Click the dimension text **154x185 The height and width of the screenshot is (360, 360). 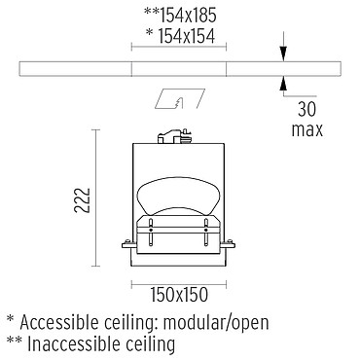coord(180,15)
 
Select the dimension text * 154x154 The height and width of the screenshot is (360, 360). coord(181,35)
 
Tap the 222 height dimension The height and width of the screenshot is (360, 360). coord(82,200)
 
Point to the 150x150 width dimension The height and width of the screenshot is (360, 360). coord(179,295)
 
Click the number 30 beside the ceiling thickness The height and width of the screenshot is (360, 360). coord(306,109)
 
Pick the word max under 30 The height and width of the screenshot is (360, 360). coord(306,130)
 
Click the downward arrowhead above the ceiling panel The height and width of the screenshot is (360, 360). coord(283,54)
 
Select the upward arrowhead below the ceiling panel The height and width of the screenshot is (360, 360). coord(283,83)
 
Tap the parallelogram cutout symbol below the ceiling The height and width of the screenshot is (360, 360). coord(180,98)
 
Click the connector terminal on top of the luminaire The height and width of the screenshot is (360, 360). coord(174,136)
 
